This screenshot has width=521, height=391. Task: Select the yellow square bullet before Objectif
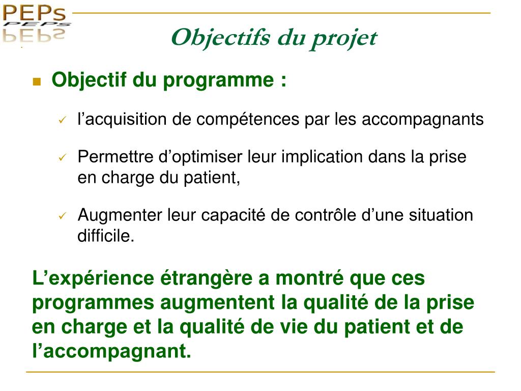click(36, 81)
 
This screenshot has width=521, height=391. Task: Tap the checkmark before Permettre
click(62, 158)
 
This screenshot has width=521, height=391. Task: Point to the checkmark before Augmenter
click(62, 216)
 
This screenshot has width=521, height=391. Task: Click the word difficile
click(106, 236)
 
